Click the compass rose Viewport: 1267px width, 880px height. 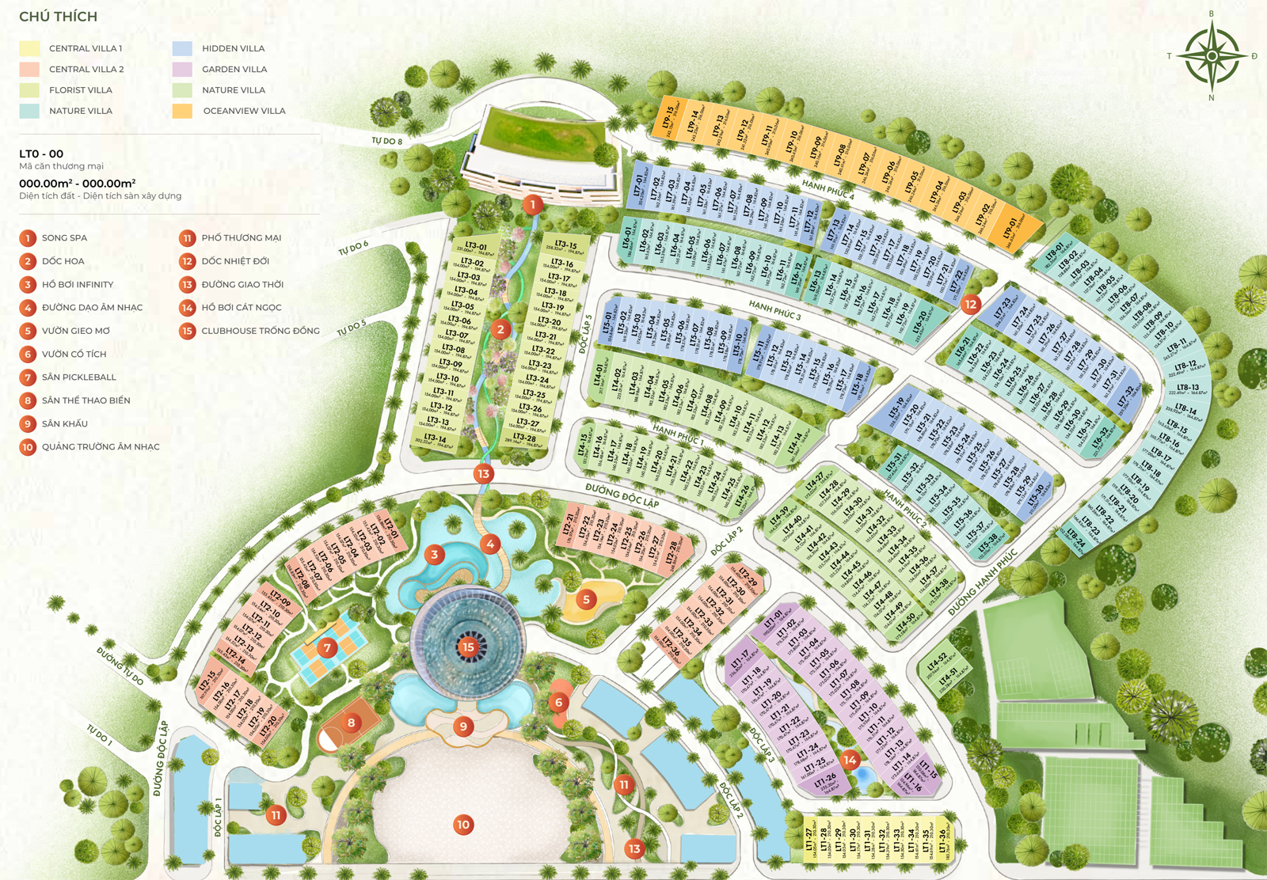point(1212,56)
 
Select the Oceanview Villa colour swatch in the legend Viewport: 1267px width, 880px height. point(182,111)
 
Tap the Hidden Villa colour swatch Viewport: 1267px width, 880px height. point(182,48)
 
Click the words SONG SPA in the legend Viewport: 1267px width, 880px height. point(64,237)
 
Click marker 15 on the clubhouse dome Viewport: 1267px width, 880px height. point(468,647)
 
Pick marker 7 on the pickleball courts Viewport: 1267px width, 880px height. point(327,648)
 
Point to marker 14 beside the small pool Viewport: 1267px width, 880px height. point(850,761)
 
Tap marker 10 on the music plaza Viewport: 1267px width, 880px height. point(463,825)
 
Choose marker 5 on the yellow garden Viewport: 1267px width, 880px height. point(586,599)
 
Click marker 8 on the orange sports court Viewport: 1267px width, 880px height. point(351,722)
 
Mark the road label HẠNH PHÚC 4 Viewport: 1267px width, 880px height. point(828,188)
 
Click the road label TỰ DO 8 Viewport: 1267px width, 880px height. point(386,141)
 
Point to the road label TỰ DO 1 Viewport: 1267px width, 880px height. point(100,735)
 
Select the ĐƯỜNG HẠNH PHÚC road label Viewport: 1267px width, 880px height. point(982,582)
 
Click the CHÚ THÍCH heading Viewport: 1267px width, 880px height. point(58,17)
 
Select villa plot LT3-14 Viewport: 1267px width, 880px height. point(435,439)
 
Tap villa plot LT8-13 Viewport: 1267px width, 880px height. point(1187,389)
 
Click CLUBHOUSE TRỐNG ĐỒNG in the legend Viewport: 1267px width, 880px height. point(260,331)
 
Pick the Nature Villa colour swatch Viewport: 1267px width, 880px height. point(29,111)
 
